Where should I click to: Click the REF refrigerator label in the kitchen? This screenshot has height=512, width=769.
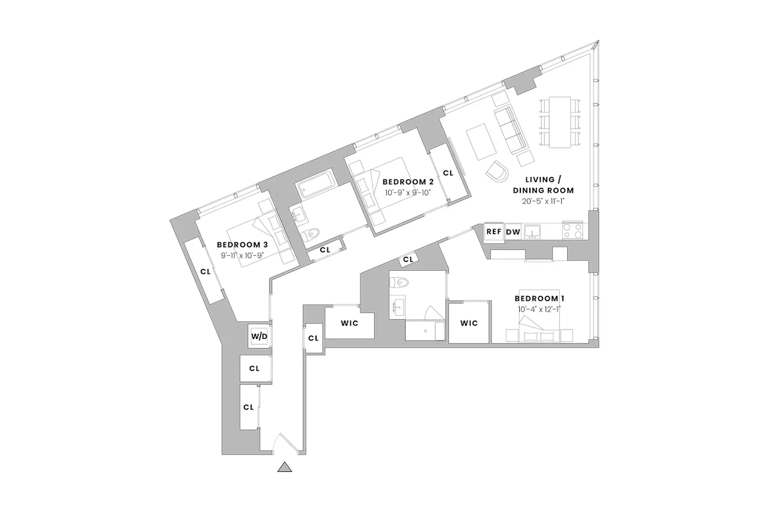coord(494,232)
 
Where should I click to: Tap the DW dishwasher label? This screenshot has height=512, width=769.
coord(513,232)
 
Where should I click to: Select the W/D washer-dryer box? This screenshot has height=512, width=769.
coord(259,336)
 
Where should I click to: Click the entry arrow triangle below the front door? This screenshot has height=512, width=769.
coord(285,467)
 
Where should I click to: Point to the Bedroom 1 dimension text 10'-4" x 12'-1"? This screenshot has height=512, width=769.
coord(539,310)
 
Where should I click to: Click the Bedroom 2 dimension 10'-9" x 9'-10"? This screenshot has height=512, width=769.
coord(408,193)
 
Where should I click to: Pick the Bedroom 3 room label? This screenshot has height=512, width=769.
coord(242,245)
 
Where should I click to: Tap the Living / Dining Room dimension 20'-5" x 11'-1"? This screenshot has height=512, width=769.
coord(543,201)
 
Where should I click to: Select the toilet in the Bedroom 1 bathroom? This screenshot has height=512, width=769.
coord(400,283)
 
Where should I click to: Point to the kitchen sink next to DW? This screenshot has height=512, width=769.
coord(532,232)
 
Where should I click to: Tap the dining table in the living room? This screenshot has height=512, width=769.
coord(560,122)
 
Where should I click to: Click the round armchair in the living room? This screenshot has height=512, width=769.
coord(497,172)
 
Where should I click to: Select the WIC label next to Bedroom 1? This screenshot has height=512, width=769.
coord(469,324)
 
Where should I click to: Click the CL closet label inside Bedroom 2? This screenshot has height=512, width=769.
coord(448,173)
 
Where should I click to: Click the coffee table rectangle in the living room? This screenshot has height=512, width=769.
coord(481,142)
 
